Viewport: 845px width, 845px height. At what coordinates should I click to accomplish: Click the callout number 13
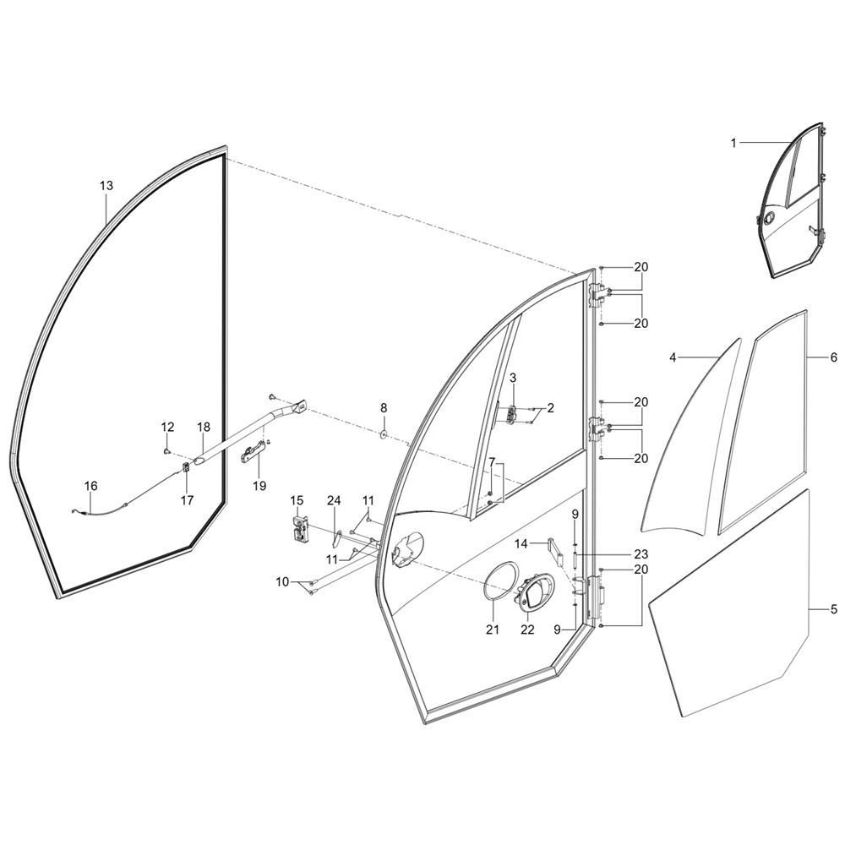coord(106,185)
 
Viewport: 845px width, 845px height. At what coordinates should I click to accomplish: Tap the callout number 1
coord(733,144)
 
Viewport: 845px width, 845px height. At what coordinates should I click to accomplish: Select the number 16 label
coord(90,486)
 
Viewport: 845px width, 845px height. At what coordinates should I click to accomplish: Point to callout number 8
coord(384,408)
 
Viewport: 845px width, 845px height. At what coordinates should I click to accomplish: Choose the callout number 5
coord(833,608)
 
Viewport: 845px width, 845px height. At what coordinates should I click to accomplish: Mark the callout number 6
coord(833,357)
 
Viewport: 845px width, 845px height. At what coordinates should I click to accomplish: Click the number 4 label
coord(673,357)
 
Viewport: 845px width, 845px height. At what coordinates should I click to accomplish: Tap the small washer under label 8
coord(383,433)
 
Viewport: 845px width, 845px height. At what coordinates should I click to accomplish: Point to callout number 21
coord(493,630)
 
